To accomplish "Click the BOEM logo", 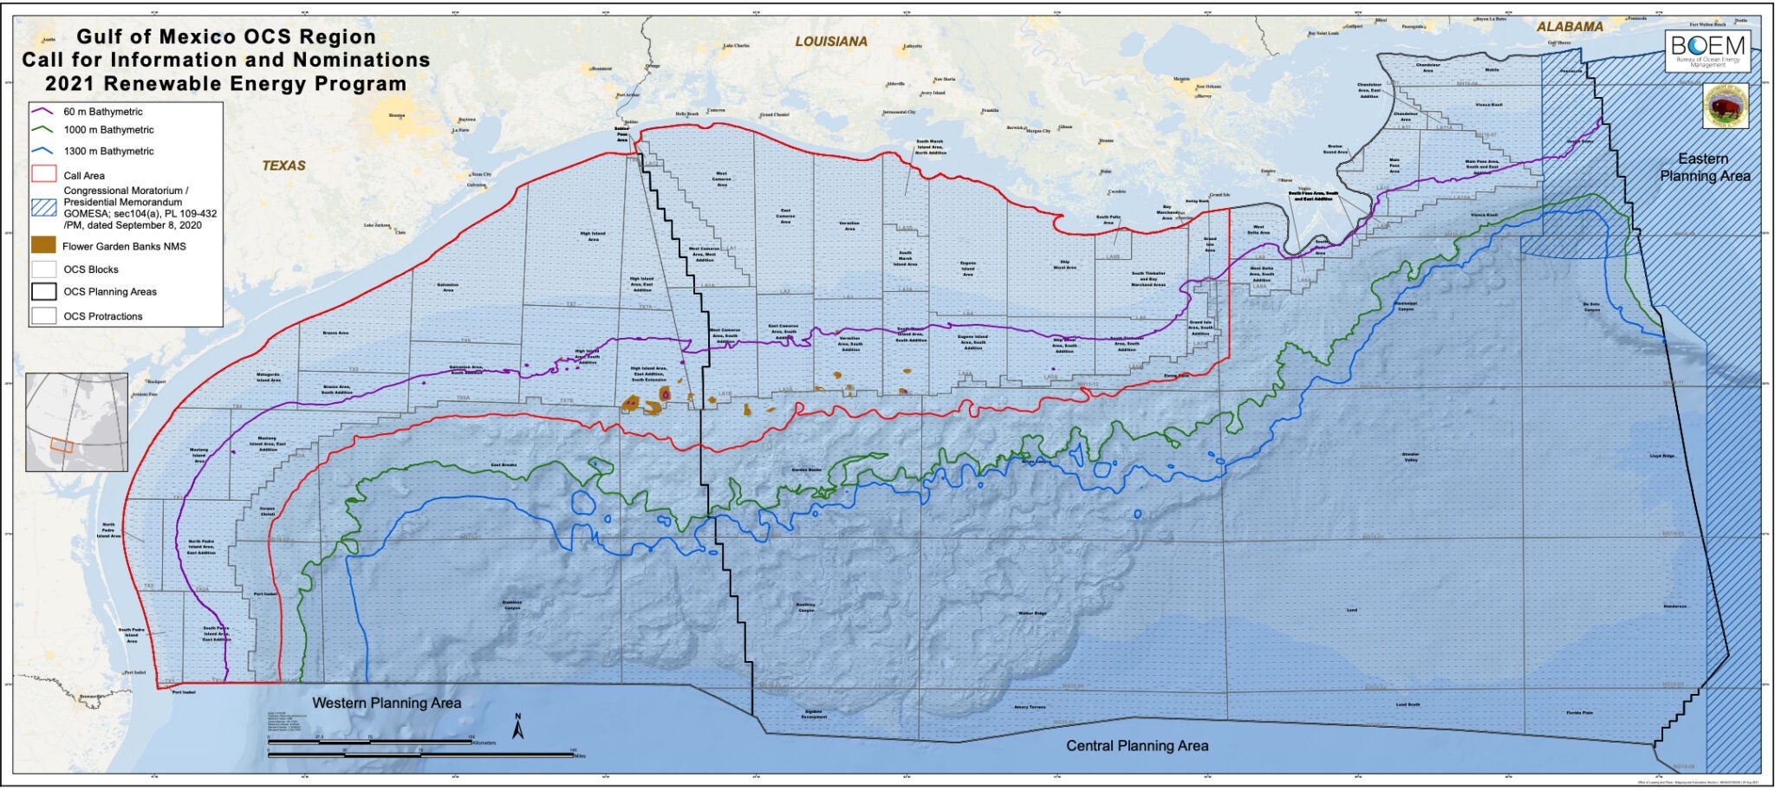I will pos(1706,50).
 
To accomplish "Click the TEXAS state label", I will pos(284,165).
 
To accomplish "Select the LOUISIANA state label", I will pos(830,42).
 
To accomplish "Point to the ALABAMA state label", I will pos(1570,27).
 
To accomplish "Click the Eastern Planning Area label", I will pos(1704,167).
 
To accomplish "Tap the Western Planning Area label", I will pos(387,703).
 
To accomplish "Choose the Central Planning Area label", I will pos(1136,746).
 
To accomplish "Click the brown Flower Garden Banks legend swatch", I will pos(44,246).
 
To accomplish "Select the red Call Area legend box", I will pos(44,175).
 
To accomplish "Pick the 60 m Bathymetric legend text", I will pos(103,112).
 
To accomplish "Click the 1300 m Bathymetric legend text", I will pos(108,151).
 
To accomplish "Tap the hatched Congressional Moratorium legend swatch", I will pos(44,207).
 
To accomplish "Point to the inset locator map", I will pos(76,422).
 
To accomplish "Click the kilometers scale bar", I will pos(370,742).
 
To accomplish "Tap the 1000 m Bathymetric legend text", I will pos(108,130).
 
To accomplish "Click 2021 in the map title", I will pos(78,84).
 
